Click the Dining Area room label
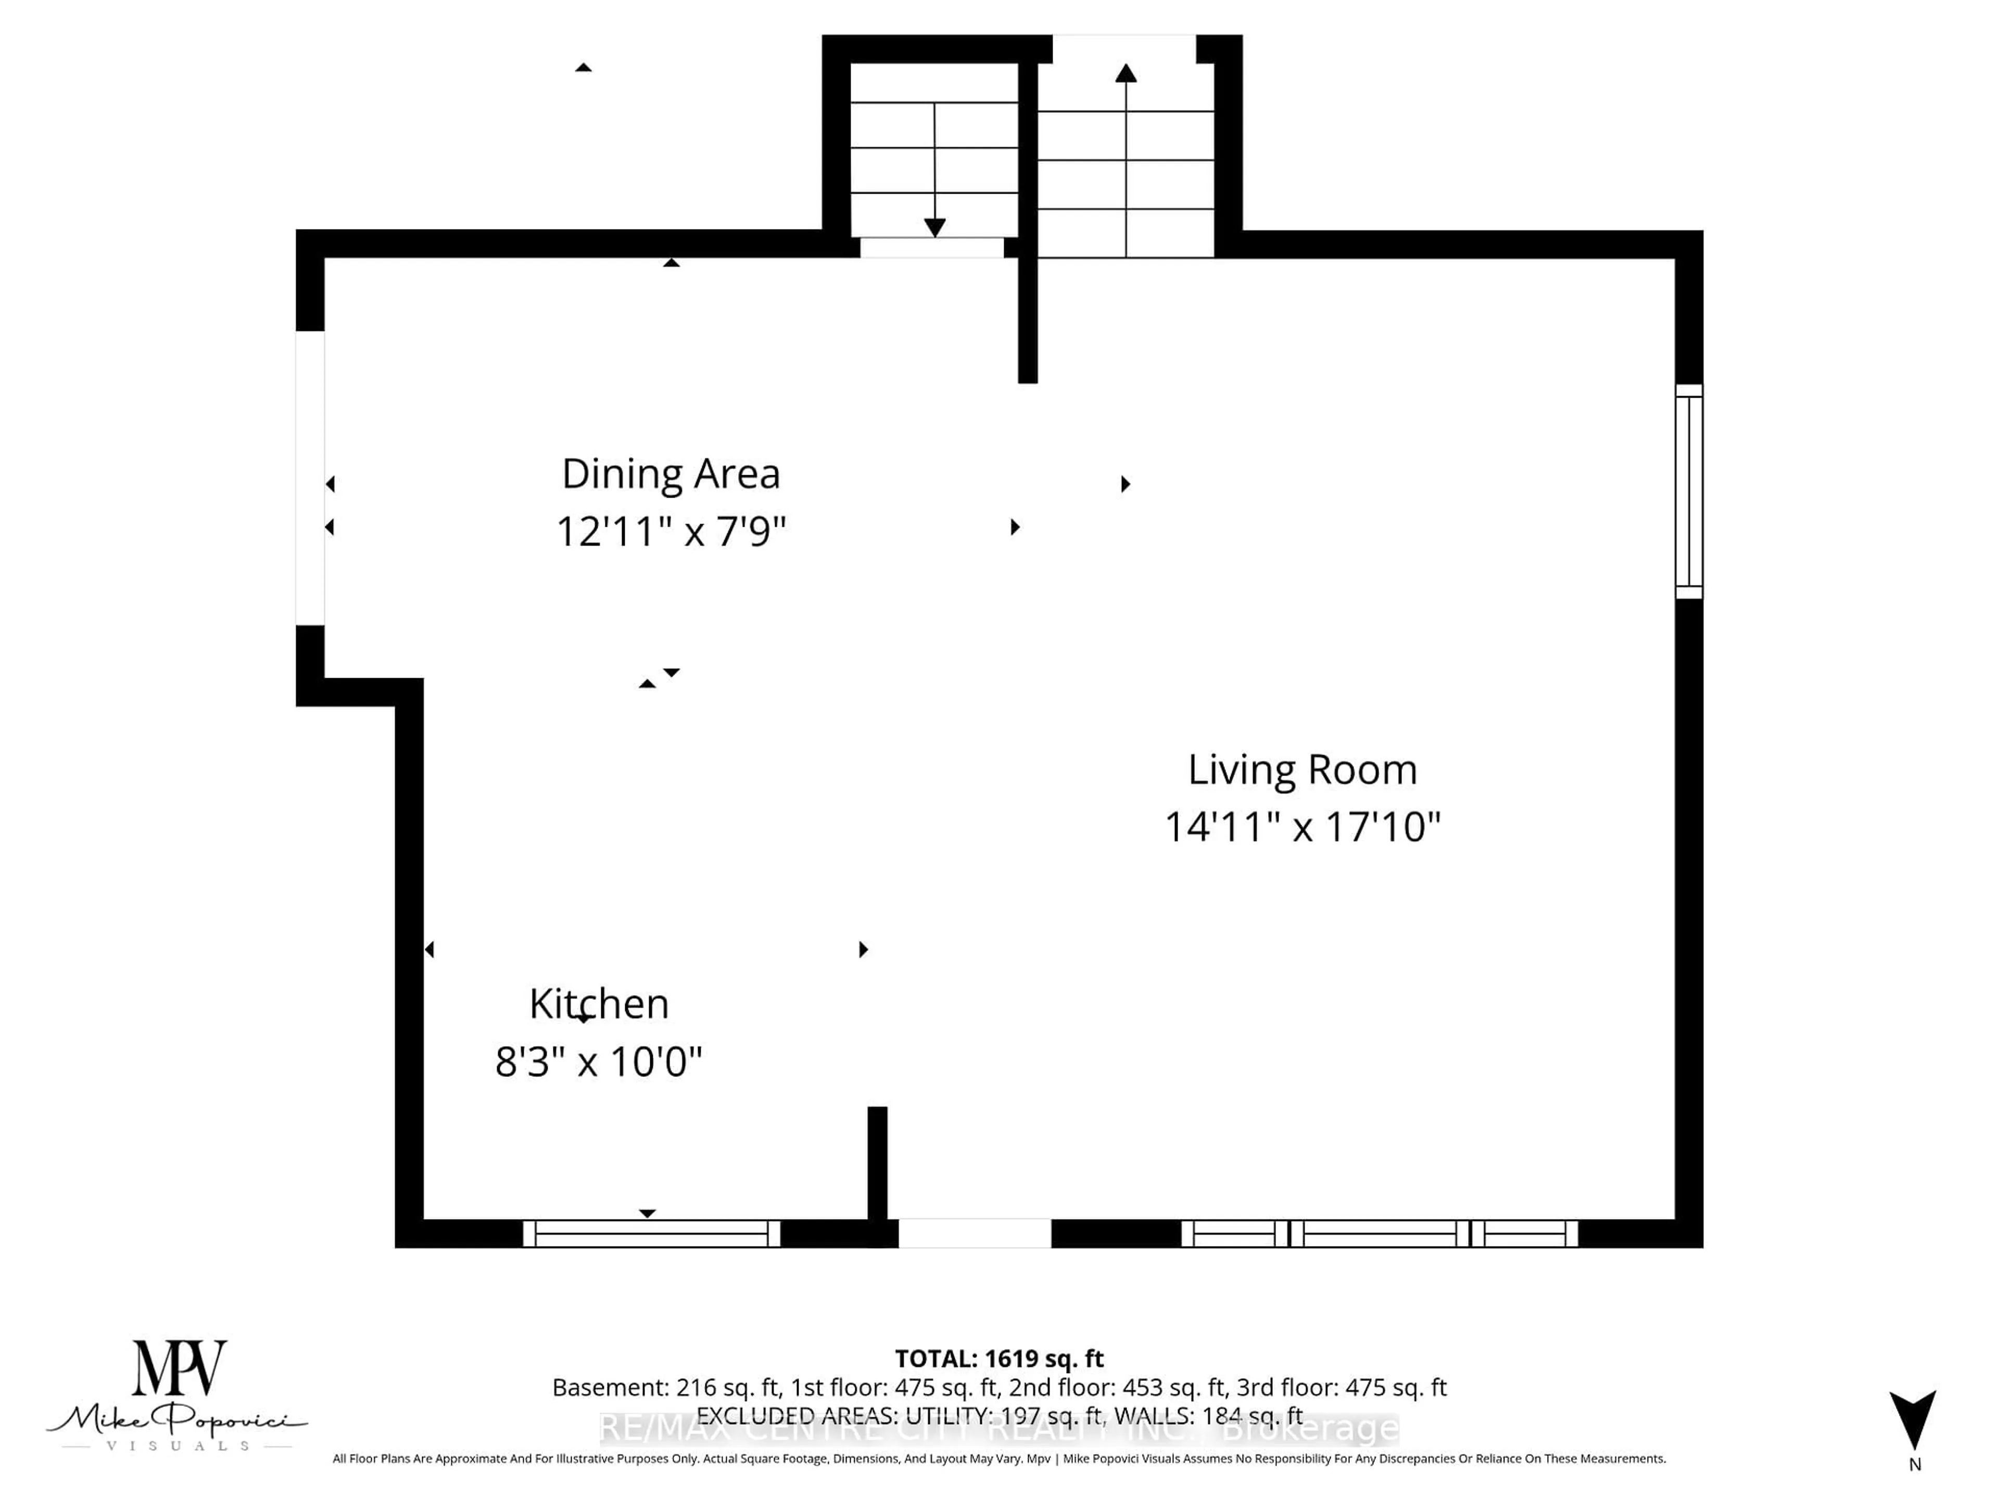click(670, 474)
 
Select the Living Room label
click(1302, 770)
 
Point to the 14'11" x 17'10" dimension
click(1302, 827)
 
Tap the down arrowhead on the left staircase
click(934, 227)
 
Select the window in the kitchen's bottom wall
click(651, 1234)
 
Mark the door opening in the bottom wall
click(974, 1234)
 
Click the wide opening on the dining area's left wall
click(310, 478)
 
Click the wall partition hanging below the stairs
click(1028, 316)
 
